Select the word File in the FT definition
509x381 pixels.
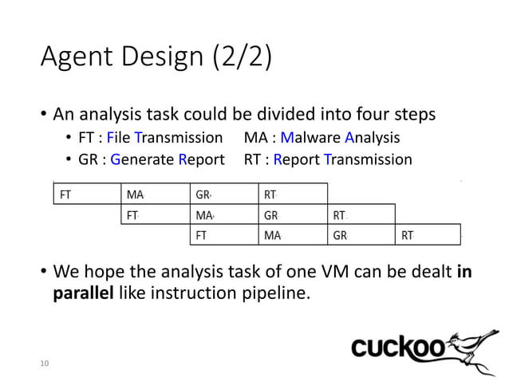click(124, 137)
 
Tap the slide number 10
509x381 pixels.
click(45, 363)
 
